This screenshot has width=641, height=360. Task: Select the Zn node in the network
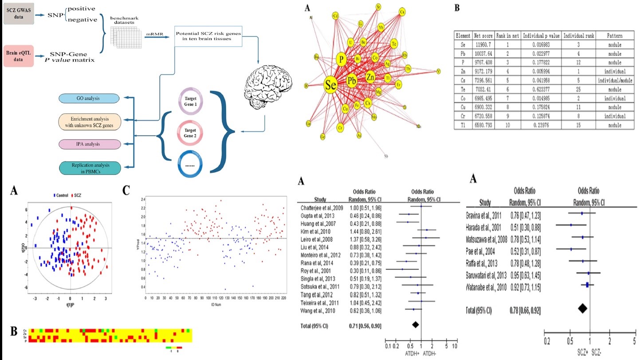point(371,78)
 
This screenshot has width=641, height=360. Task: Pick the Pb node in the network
point(352,81)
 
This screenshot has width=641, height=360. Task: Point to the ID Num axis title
point(214,305)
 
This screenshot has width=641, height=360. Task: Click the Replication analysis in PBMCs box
point(84,168)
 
